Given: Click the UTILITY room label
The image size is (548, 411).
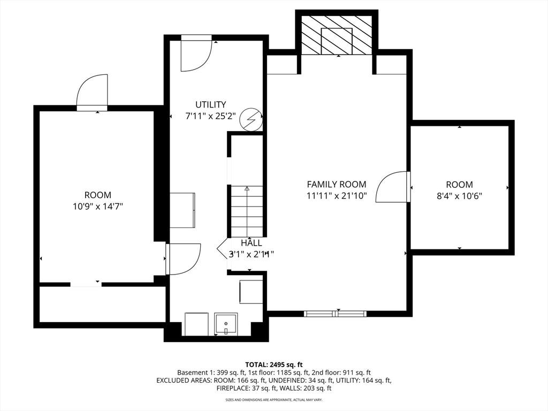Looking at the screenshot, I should pyautogui.click(x=210, y=105).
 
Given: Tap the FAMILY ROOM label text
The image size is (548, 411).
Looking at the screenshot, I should pyautogui.click(x=336, y=184).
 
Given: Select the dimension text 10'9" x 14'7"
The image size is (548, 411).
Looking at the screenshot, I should pyautogui.click(x=97, y=206).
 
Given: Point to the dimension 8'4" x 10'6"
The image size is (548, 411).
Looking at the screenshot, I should pyautogui.click(x=459, y=196).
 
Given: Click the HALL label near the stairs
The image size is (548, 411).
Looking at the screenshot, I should pyautogui.click(x=251, y=242).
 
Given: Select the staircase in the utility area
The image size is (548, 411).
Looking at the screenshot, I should pyautogui.click(x=247, y=211).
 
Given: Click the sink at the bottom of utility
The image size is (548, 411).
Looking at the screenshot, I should pyautogui.click(x=226, y=324).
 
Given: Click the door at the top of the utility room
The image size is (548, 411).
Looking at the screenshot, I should pyautogui.click(x=196, y=54).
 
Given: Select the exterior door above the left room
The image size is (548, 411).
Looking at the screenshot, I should pyautogui.click(x=92, y=93).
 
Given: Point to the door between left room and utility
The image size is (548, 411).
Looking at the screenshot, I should pyautogui.click(x=184, y=259).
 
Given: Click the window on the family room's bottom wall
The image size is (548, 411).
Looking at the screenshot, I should pyautogui.click(x=336, y=313).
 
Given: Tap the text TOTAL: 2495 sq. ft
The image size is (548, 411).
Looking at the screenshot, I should pyautogui.click(x=273, y=364).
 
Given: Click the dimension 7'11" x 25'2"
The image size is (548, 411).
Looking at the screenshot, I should pyautogui.click(x=210, y=116).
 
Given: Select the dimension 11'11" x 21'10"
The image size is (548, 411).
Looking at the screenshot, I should pyautogui.click(x=336, y=196).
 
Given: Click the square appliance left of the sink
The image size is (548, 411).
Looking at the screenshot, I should pyautogui.click(x=196, y=324).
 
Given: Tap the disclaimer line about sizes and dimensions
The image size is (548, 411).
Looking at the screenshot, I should pyautogui.click(x=273, y=400).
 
